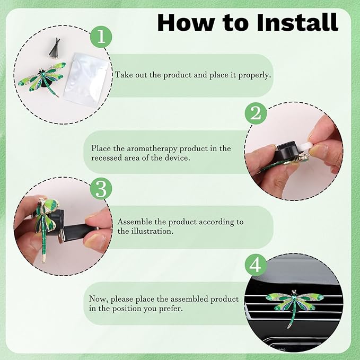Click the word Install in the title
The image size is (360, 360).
[297, 22]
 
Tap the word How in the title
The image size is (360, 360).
[186, 22]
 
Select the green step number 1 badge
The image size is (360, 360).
[101, 37]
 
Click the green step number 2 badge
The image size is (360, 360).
[256, 113]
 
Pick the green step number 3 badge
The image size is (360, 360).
[101, 189]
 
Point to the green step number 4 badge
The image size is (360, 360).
[256, 265]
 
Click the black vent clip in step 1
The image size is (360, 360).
[55, 48]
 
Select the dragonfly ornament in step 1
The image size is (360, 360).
[43, 78]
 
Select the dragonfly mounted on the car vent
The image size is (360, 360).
[294, 305]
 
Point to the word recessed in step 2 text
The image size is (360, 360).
[107, 158]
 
